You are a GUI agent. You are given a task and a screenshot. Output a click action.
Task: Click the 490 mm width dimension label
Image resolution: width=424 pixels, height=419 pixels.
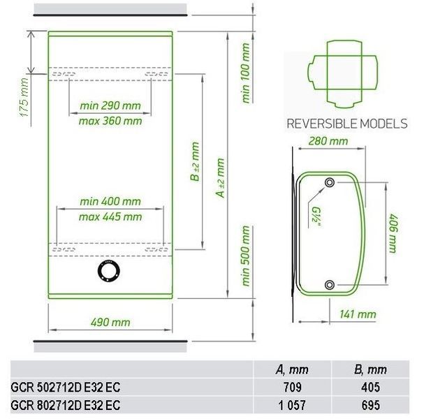click(110, 322)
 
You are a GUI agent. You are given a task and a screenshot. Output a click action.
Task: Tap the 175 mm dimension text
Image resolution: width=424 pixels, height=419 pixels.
click(24, 97)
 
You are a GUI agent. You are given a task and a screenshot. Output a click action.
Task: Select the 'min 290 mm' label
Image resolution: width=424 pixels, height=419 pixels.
click(110, 105)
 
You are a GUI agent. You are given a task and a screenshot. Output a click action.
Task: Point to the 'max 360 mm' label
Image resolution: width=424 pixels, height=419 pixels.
click(110, 121)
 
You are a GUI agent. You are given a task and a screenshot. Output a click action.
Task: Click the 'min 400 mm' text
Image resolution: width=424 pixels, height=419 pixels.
click(110, 201)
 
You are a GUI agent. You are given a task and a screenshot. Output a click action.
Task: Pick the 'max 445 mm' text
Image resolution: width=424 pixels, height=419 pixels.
click(110, 216)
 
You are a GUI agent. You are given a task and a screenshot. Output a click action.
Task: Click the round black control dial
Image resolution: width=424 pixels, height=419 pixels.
click(109, 271)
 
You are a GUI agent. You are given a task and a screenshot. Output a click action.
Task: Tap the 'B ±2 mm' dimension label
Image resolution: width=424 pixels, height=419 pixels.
click(195, 161)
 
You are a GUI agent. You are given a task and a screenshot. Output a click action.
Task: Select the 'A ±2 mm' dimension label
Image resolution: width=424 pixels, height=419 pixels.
click(220, 178)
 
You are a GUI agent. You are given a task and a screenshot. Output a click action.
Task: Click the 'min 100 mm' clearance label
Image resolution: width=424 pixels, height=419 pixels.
click(246, 73)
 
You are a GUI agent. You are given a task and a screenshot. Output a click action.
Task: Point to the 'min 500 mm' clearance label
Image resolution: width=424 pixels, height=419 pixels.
click(246, 256)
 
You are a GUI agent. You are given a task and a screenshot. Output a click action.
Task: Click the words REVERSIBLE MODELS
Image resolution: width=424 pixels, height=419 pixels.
click(347, 124)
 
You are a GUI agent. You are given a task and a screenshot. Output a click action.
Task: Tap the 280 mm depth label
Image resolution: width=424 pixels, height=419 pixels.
click(328, 141)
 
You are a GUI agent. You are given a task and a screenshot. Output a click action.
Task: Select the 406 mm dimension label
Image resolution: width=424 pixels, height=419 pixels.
click(393, 233)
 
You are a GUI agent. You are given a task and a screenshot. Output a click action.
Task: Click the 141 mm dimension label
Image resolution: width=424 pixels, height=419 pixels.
click(358, 314)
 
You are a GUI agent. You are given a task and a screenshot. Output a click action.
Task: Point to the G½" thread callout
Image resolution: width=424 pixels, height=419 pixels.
click(316, 218)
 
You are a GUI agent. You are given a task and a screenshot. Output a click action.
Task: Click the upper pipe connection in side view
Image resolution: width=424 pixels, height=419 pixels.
click(330, 182)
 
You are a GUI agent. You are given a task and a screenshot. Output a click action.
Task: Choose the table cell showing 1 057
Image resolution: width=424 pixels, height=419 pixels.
click(292, 405)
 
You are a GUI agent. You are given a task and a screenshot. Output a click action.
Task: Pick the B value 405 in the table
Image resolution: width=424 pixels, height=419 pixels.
click(370, 387)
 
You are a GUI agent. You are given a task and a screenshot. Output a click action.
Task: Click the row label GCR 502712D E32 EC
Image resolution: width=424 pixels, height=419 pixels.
click(66, 387)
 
